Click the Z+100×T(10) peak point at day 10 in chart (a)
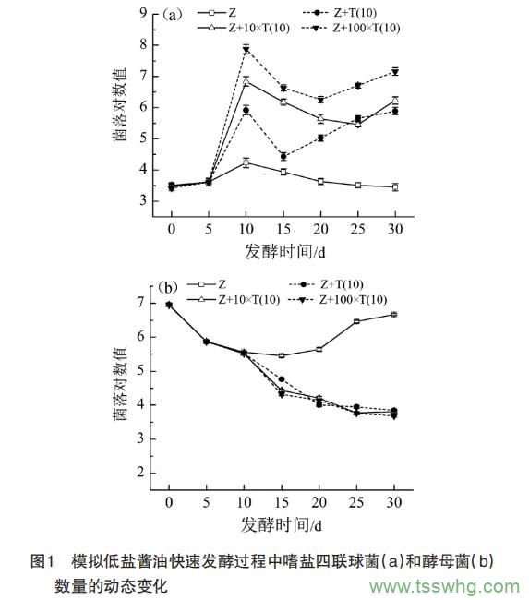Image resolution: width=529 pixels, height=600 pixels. (x=246, y=49)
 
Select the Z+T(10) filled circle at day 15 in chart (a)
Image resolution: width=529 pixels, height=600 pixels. (x=283, y=156)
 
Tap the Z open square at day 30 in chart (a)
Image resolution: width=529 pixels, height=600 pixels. (x=395, y=187)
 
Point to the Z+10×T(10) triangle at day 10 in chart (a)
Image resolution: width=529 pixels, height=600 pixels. (x=246, y=81)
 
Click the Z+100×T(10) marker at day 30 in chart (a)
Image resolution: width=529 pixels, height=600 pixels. (x=395, y=71)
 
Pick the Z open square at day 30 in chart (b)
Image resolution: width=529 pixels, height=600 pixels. (x=394, y=315)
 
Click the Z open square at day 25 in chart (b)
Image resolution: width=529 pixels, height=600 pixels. (x=356, y=321)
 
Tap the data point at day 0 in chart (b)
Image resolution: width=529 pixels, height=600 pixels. (x=169, y=305)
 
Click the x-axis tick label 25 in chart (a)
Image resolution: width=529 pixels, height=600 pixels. (x=358, y=227)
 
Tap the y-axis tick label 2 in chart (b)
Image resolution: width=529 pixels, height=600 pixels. (x=142, y=473)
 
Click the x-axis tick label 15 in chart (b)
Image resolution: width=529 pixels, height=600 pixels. (x=281, y=501)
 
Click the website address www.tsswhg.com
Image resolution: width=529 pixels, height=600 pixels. (x=443, y=586)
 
